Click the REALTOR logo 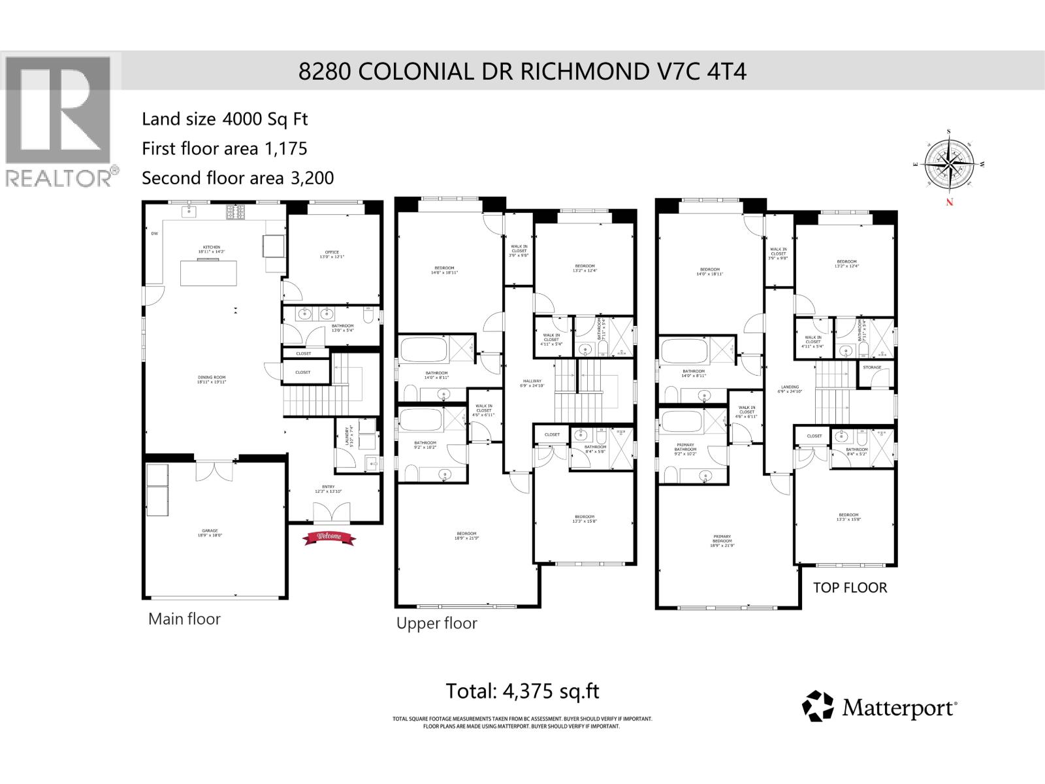pyautogui.click(x=59, y=121)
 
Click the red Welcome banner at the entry pyautogui.click(x=329, y=537)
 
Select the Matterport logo pyautogui.click(x=880, y=707)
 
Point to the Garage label pyautogui.click(x=210, y=532)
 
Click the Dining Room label pyautogui.click(x=212, y=379)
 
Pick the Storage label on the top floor pyautogui.click(x=872, y=367)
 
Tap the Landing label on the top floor pyautogui.click(x=790, y=389)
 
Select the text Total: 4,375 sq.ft pyautogui.click(x=522, y=691)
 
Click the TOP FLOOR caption pyautogui.click(x=850, y=587)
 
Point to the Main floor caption pyautogui.click(x=184, y=619)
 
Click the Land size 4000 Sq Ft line pyautogui.click(x=225, y=119)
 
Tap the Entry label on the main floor pyautogui.click(x=328, y=488)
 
